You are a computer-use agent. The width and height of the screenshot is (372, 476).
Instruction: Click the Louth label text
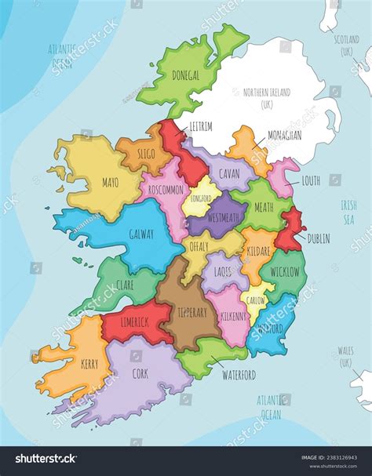[311, 180]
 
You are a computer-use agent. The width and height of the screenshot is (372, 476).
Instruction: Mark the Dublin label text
[319, 238]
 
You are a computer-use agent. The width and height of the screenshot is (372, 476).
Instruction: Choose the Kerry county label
[89, 364]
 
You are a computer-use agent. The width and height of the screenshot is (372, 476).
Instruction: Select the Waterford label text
[238, 375]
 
